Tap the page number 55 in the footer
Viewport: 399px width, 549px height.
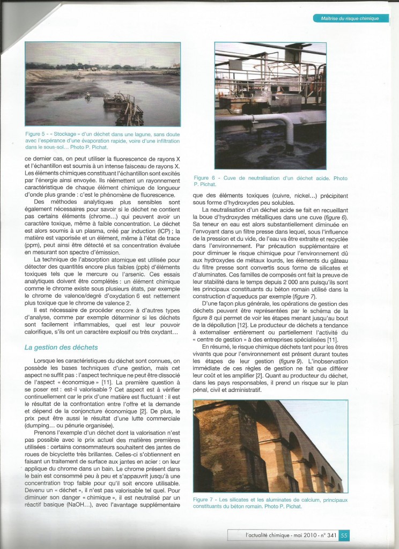pos(344,535)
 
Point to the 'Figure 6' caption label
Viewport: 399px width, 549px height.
pos(205,177)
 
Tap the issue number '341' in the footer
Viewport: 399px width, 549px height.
pos(331,535)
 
